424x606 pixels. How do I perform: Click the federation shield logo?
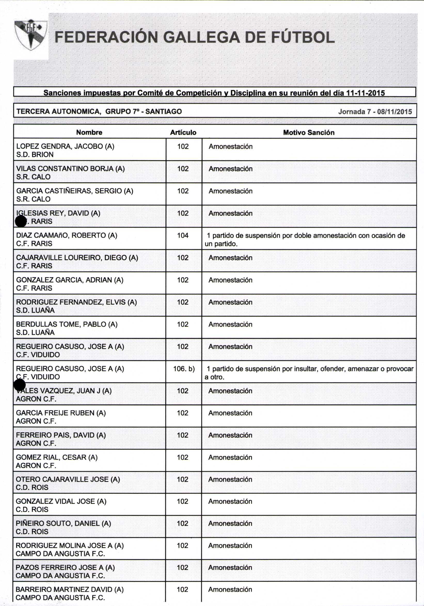point(31,35)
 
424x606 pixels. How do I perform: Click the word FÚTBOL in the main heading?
point(303,37)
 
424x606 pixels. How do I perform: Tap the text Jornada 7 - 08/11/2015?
point(375,112)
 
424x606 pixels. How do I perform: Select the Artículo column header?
point(183,132)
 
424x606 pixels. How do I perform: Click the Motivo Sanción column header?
point(309,132)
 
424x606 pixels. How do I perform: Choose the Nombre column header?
point(89,132)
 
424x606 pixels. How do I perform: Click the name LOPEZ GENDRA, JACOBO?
point(65,146)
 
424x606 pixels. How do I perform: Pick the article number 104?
point(183,235)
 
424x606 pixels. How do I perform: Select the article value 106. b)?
point(184,369)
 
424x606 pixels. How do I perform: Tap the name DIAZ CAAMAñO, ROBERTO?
point(67,235)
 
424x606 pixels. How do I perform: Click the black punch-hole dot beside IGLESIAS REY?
point(21,221)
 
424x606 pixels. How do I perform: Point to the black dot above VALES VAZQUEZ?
point(20,385)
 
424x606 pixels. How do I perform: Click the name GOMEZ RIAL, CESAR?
point(57,457)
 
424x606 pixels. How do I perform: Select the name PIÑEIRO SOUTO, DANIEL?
point(63,523)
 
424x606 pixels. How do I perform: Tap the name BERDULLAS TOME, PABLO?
point(67,324)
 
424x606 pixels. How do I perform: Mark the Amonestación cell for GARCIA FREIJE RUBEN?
point(230,413)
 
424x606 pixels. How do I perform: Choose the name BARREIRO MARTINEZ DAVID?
point(69,589)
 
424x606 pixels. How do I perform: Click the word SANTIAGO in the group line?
point(163,112)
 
